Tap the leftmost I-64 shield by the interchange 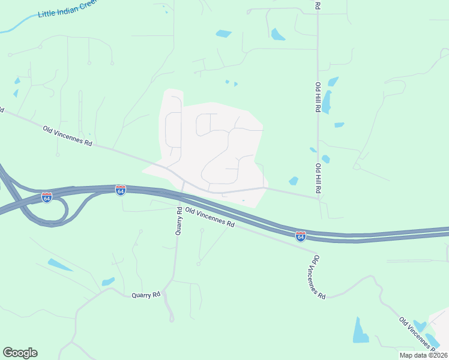(47, 197)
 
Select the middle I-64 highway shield (121, 190)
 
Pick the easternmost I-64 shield (301, 236)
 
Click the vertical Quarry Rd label (178, 221)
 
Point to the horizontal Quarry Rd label (146, 295)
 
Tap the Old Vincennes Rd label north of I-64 (67, 136)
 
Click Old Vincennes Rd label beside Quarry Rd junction (209, 217)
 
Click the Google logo (20, 353)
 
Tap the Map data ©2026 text (423, 355)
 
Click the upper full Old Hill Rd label (317, 98)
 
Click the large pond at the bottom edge (360, 331)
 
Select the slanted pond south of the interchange (60, 265)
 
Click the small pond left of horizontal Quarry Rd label (108, 281)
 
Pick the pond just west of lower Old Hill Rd (294, 181)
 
